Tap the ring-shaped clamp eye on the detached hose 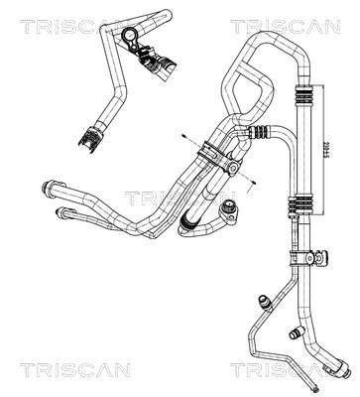pyautogui.click(x=129, y=38)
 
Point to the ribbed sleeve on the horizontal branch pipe pyautogui.click(x=261, y=128)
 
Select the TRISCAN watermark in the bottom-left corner pyautogui.click(x=82, y=369)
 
